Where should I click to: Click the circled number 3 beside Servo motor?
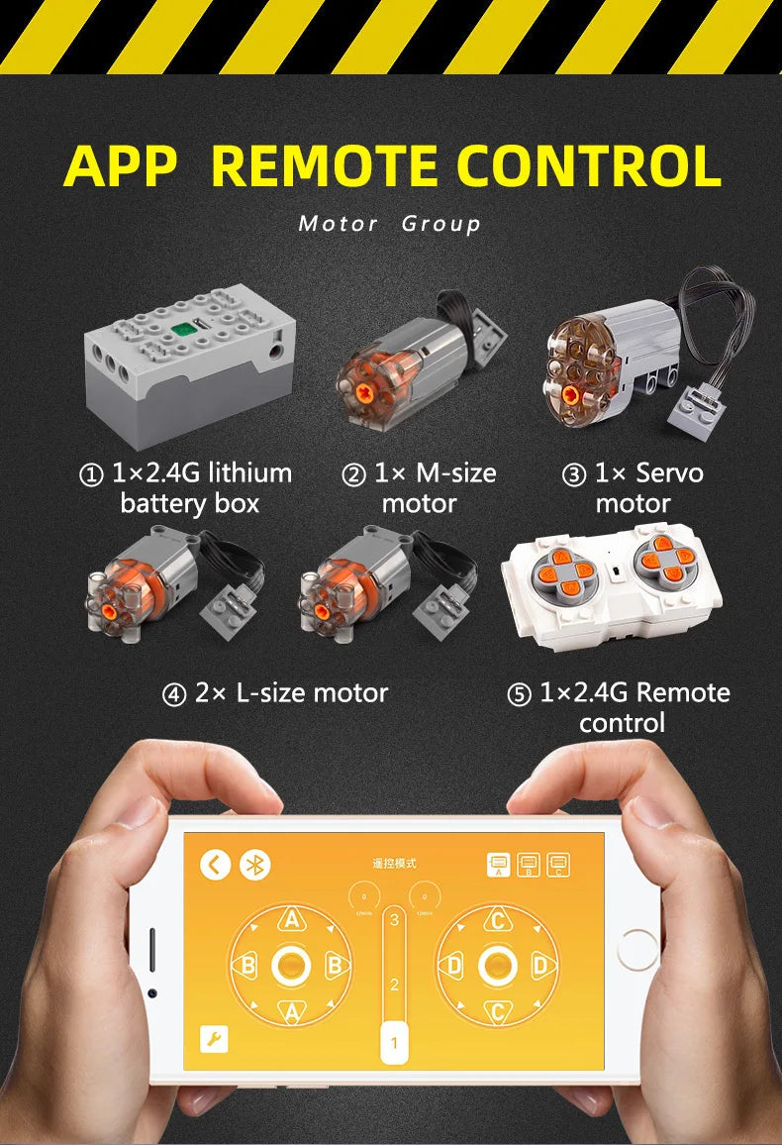click(x=574, y=475)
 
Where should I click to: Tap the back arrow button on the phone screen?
click(x=215, y=865)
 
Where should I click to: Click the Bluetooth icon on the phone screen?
click(x=256, y=865)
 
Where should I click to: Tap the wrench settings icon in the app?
click(x=214, y=1039)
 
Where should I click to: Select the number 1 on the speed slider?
click(x=394, y=1042)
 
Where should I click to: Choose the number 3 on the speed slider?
click(x=394, y=920)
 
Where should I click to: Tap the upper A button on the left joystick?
click(x=291, y=920)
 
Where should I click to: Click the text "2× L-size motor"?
click(x=275, y=693)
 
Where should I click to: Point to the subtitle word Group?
click(x=441, y=224)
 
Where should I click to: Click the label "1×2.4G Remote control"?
click(x=622, y=707)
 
